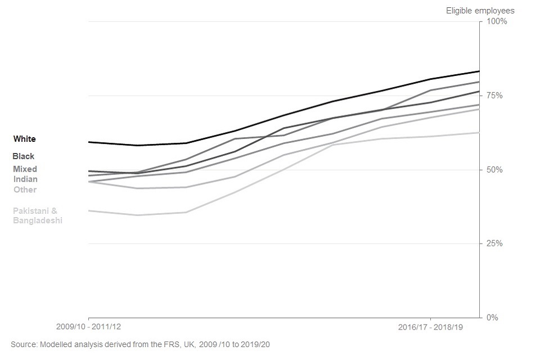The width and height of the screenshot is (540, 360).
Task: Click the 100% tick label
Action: (x=496, y=21)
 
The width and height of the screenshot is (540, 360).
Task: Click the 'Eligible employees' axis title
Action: (x=480, y=11)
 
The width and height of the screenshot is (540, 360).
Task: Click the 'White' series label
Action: (x=24, y=139)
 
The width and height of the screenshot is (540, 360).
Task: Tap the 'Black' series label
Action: (x=24, y=156)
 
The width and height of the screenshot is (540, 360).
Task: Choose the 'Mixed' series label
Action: (x=25, y=169)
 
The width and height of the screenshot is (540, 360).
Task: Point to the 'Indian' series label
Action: (x=26, y=179)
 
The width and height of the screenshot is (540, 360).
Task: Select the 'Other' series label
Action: (x=25, y=190)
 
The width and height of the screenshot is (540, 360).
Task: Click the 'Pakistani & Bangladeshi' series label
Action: (x=38, y=216)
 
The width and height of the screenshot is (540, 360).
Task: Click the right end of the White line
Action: (x=479, y=71)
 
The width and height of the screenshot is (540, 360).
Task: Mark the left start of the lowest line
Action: (x=89, y=211)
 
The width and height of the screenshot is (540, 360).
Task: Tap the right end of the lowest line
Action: (x=479, y=133)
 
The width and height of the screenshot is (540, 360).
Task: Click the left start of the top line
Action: (x=89, y=142)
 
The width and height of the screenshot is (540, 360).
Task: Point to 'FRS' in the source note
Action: (x=155, y=344)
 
